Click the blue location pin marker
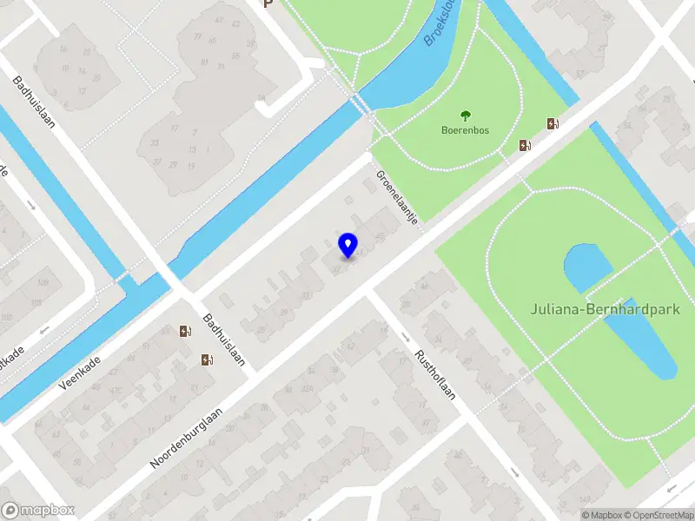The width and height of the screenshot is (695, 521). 347,245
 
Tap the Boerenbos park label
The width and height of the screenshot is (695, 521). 465,131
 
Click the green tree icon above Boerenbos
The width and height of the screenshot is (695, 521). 465,115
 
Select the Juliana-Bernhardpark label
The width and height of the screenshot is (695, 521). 612,308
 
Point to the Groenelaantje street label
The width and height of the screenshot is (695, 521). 397,197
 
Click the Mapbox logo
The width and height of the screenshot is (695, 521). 38,511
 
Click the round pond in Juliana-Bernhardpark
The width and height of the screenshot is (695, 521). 588,267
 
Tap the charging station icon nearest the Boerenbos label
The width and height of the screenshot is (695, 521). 524,145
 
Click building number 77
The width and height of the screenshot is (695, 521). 198,36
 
